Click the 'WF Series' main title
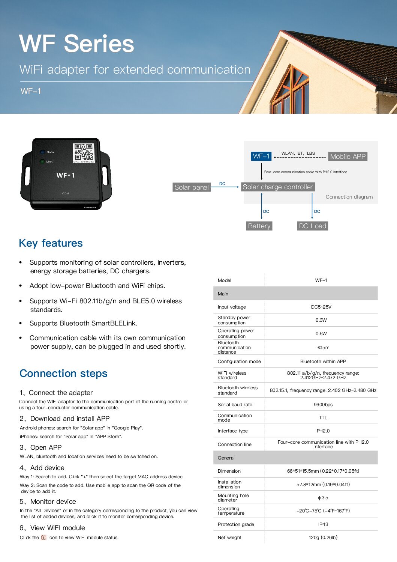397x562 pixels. [x=76, y=44]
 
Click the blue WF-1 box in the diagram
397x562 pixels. [x=261, y=156]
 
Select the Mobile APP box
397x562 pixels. [x=348, y=157]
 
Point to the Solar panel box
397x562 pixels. [x=192, y=187]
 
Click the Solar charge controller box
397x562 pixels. [x=277, y=187]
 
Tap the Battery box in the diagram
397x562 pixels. [x=259, y=226]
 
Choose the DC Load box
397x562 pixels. [x=313, y=226]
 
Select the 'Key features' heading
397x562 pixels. [x=51, y=243]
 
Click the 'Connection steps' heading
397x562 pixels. [x=63, y=374]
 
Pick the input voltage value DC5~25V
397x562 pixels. [x=321, y=307]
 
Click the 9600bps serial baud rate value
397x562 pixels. [x=323, y=405]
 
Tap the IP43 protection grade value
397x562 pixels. [x=323, y=524]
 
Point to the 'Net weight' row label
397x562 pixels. [x=229, y=538]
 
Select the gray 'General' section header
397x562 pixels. [x=295, y=458]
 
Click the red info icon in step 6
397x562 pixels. [x=43, y=538]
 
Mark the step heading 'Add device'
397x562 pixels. [x=47, y=468]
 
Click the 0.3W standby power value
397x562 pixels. [x=321, y=320]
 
